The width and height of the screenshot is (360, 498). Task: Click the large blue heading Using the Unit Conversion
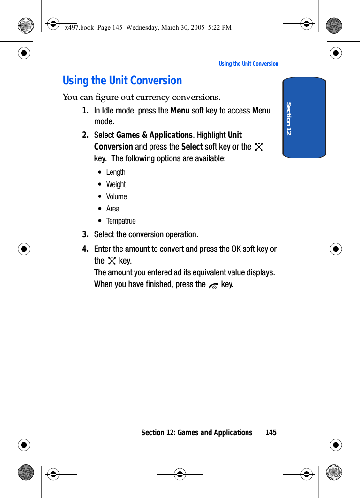(x=122, y=81)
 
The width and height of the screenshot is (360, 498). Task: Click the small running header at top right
(x=248, y=64)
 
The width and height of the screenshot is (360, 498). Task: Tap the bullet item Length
(x=116, y=172)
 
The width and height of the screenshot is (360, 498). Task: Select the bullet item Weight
(x=116, y=184)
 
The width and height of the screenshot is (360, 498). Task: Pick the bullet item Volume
(x=116, y=196)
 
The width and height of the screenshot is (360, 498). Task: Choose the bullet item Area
(x=112, y=209)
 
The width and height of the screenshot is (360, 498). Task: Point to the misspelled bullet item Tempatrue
(x=121, y=221)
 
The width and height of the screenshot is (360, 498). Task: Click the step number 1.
(x=85, y=111)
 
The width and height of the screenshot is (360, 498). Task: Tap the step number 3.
(x=85, y=234)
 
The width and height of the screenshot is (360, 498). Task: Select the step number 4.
(x=85, y=249)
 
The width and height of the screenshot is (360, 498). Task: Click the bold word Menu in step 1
(x=180, y=111)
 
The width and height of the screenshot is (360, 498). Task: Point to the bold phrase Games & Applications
(x=154, y=135)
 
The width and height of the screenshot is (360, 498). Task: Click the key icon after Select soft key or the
(x=259, y=147)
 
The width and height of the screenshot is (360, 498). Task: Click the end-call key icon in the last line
(x=213, y=285)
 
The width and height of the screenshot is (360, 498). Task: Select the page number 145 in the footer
(x=270, y=432)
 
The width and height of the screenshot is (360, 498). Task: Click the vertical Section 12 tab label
(x=289, y=118)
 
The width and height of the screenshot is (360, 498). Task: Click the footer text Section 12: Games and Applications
(x=196, y=432)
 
